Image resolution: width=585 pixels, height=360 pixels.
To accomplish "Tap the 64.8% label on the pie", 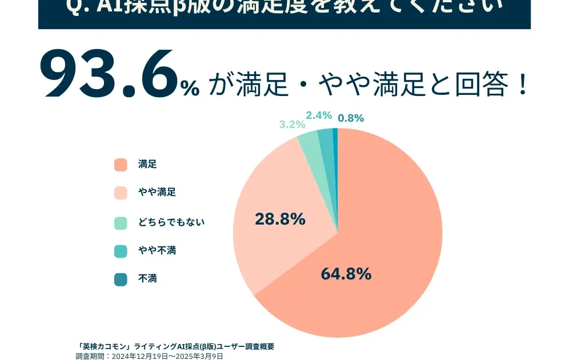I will tap(346, 274).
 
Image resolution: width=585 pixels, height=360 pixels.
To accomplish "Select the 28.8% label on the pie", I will tap(280, 219).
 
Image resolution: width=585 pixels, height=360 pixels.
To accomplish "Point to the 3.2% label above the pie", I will tap(292, 125).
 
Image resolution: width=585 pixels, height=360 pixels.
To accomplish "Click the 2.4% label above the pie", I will tap(319, 115).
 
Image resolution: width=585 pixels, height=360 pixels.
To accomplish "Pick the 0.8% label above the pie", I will tap(351, 118).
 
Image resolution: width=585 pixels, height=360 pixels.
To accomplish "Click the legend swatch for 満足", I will tap(121, 165).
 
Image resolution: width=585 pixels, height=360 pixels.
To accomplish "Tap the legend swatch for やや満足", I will tap(121, 193).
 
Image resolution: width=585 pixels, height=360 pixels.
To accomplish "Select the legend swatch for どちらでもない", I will tap(121, 222).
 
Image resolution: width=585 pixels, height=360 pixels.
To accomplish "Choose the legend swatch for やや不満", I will tap(121, 251).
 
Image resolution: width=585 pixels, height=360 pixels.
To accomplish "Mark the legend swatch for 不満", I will tap(121, 279).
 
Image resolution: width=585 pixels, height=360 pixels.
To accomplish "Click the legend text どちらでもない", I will tap(171, 222).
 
